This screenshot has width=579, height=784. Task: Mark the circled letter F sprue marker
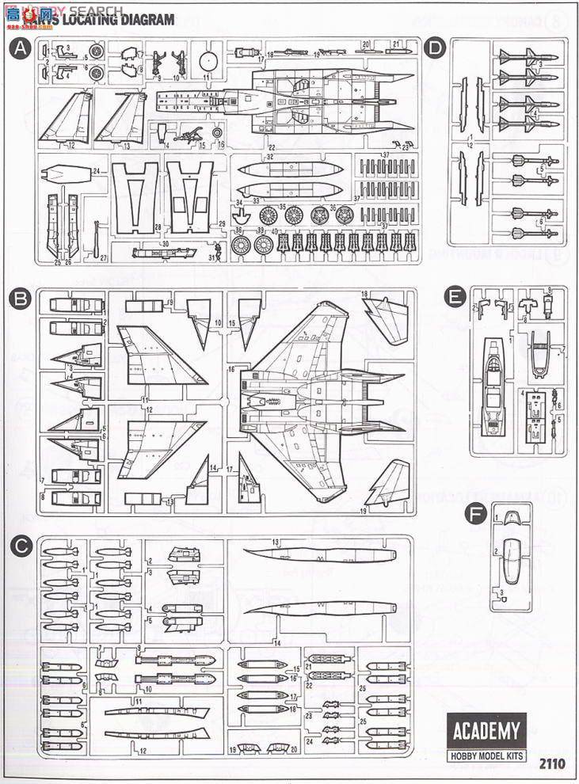[x=475, y=514]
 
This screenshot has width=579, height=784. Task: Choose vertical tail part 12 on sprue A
[x=66, y=119]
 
